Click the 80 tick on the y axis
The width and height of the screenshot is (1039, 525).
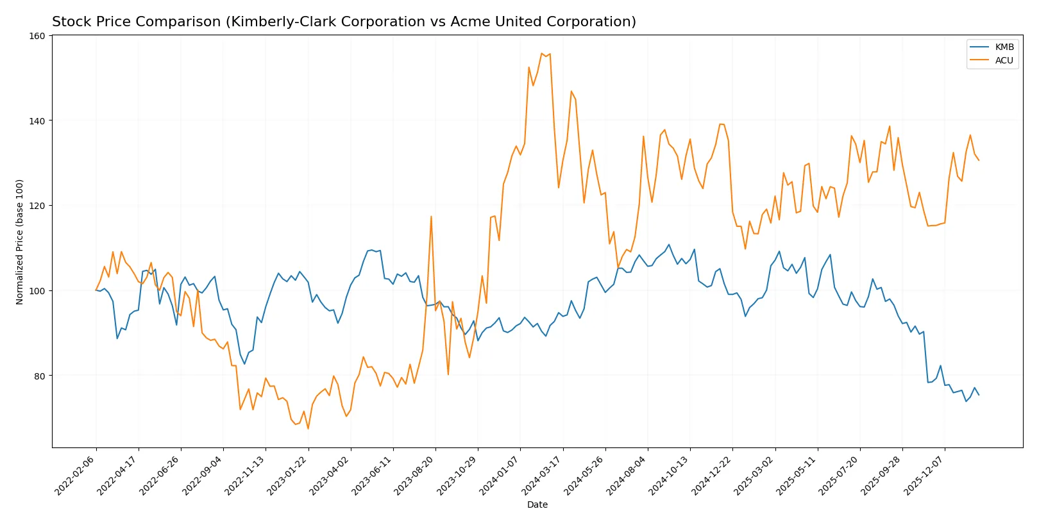click(x=40, y=376)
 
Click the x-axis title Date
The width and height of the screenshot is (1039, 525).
click(x=537, y=505)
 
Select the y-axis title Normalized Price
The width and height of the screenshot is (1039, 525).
click(x=20, y=242)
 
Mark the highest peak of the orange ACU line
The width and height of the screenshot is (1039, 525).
click(x=542, y=54)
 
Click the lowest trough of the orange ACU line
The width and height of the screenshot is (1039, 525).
click(x=308, y=428)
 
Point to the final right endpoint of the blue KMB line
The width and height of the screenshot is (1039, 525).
click(x=979, y=395)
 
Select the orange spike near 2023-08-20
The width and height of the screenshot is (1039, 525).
click(x=431, y=217)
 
